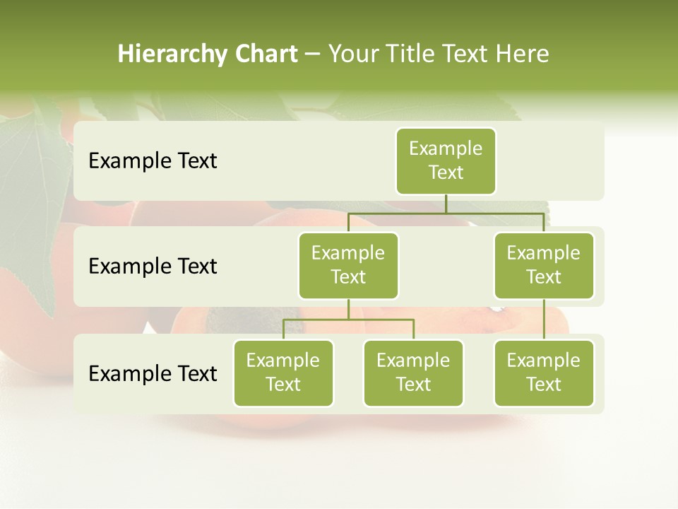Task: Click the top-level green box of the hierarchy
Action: click(446, 160)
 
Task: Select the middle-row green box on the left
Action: click(348, 265)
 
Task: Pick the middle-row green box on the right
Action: click(544, 265)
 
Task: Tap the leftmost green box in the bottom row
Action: click(283, 373)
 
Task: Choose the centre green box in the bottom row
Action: click(413, 373)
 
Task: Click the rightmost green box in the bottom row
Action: click(544, 373)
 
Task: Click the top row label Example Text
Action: click(153, 161)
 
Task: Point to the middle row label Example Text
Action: click(153, 267)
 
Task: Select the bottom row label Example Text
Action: click(153, 373)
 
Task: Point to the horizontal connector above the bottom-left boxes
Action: click(348, 320)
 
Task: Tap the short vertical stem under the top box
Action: click(446, 204)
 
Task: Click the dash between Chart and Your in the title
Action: click(313, 54)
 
